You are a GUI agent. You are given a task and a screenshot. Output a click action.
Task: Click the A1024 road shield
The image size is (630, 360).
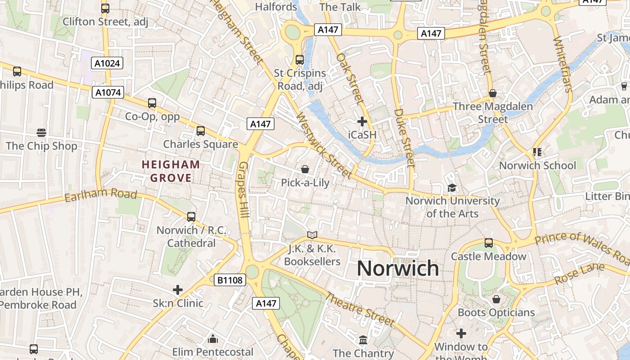pos(108,63)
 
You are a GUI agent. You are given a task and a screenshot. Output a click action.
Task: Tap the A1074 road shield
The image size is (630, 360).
pos(108,92)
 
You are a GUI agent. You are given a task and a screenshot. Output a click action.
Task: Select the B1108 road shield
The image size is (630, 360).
pos(229,280)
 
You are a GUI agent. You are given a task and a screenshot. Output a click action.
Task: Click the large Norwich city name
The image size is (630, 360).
pos(398,268)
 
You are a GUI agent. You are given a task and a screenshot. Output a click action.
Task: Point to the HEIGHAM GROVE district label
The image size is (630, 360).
pos(171,171)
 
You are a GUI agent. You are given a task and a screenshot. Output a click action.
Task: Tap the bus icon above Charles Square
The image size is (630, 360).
pos(201,131)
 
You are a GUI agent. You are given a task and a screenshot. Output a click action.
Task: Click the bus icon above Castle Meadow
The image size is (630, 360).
pos(489,243)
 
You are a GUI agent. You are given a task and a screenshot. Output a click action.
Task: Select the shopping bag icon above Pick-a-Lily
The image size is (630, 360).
pos(305,169)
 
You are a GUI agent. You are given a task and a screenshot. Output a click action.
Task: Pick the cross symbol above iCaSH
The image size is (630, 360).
pos(362,121)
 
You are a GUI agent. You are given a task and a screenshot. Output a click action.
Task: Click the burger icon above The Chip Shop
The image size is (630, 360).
pos(41,133)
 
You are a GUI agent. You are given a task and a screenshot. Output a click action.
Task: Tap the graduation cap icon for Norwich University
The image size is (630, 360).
pos(452,188)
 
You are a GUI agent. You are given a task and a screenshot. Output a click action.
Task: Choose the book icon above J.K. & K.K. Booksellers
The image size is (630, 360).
pos(312,235)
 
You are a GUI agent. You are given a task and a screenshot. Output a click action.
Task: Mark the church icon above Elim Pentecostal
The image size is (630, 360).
pos(213,338)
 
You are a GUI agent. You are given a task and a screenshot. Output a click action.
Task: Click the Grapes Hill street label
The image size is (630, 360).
pos(243,190)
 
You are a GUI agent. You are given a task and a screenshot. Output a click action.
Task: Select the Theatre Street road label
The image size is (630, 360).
pos(360,310)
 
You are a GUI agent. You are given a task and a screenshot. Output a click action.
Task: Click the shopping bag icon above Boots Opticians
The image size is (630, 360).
pos(496,299)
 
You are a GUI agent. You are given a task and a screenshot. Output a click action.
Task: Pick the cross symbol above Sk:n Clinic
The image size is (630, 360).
pos(178,289)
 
